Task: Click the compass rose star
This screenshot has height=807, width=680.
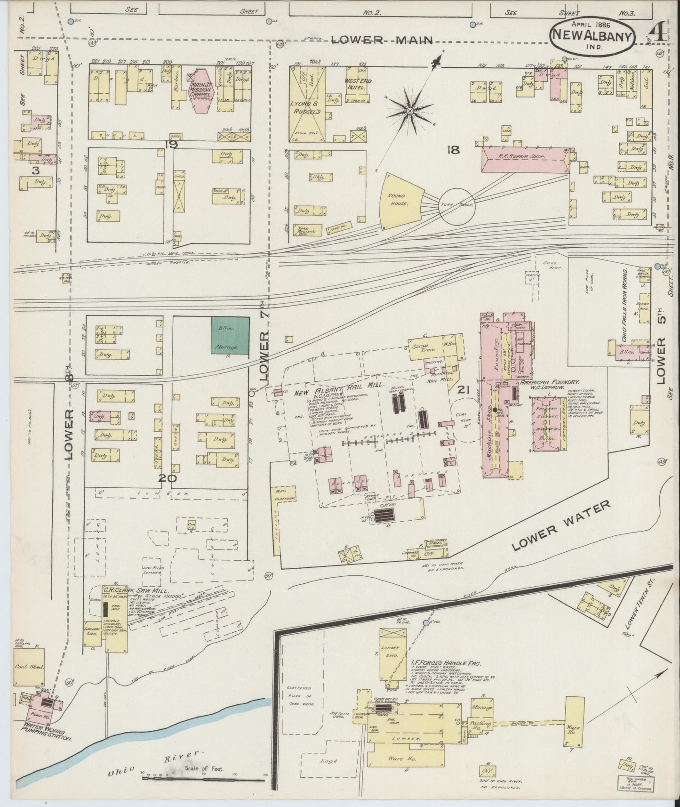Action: (x=410, y=111)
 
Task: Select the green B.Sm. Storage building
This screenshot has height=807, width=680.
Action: (x=230, y=335)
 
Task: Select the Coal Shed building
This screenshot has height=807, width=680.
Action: (x=29, y=667)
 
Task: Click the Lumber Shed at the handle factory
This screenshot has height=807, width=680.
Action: (x=392, y=655)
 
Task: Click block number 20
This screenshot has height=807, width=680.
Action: (x=168, y=479)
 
